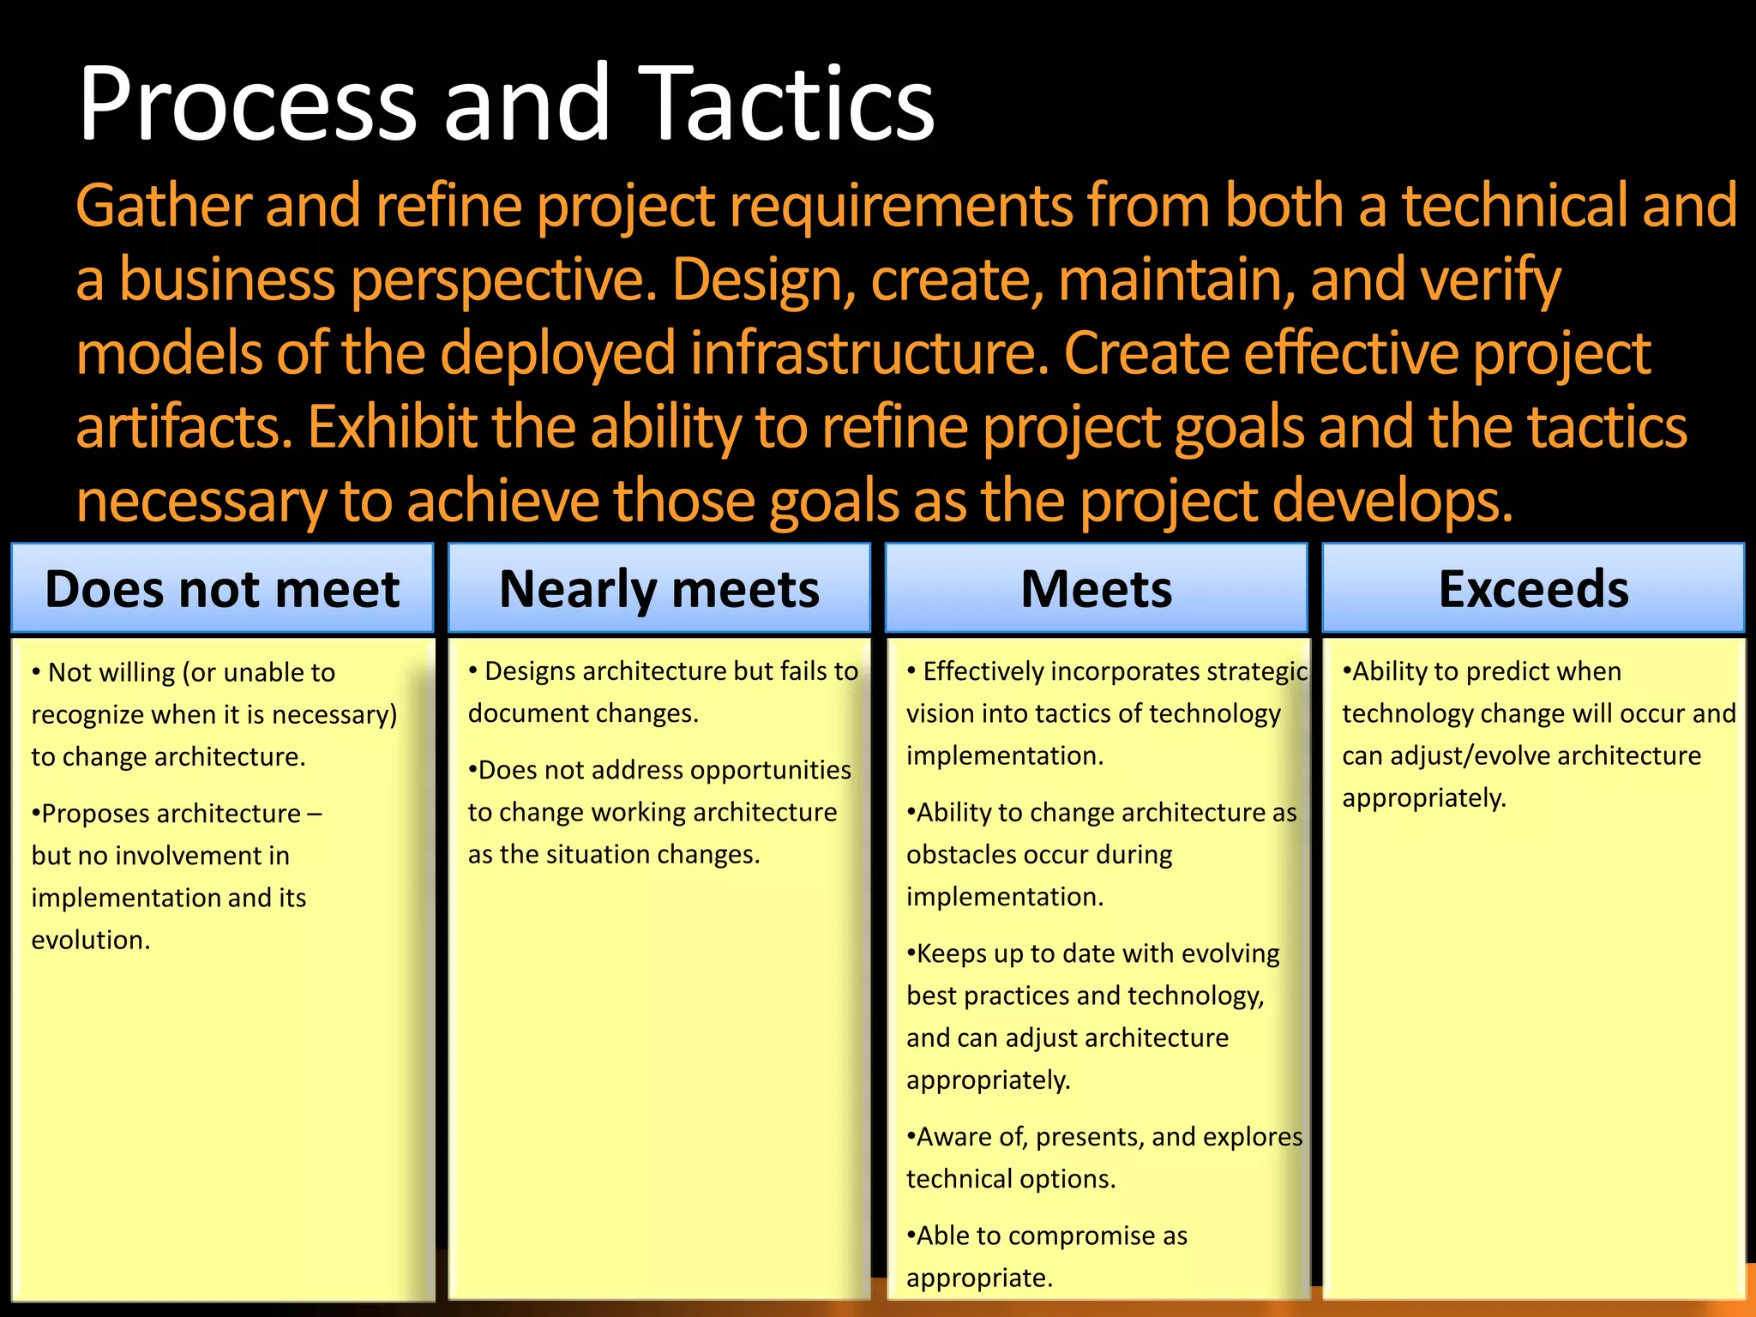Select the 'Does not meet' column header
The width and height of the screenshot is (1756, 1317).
[x=222, y=589]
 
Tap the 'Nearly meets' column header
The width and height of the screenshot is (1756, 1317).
[x=658, y=589]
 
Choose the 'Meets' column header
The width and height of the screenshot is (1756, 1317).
[x=1096, y=589]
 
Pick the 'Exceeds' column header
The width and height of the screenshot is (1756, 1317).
[x=1533, y=589]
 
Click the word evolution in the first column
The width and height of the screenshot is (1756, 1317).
[x=90, y=940]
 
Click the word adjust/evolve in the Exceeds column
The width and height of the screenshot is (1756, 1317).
[x=1464, y=755]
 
